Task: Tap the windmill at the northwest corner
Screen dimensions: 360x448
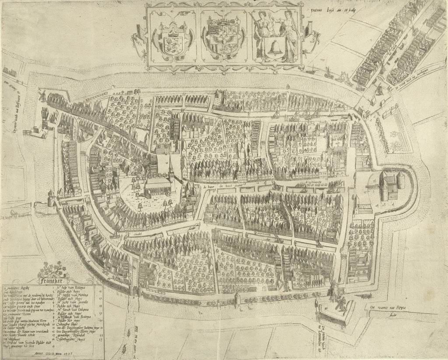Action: tap(42, 94)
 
